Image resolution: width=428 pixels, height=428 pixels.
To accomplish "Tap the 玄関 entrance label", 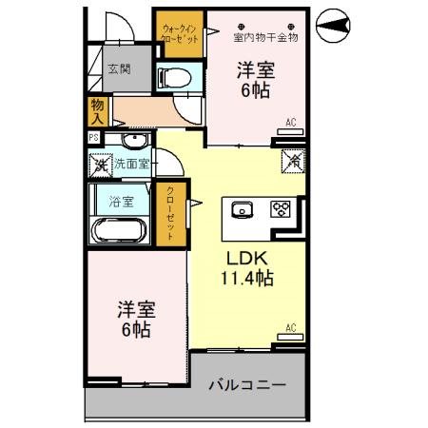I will [120, 68].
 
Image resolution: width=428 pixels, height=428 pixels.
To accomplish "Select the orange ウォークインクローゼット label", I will [178, 38].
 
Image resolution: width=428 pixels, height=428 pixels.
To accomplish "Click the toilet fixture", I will [172, 77].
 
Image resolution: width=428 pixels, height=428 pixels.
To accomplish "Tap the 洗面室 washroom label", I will [131, 164].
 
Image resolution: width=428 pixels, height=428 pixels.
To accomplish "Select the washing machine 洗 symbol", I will [101, 165].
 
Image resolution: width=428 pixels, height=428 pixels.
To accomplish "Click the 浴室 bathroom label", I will [121, 201].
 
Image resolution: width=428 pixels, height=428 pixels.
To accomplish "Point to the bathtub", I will [119, 230].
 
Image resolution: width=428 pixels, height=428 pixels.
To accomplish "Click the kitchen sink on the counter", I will [240, 209].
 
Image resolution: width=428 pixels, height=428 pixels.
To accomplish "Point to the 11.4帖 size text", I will [250, 280].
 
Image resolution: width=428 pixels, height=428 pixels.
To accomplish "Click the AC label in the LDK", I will [292, 328].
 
